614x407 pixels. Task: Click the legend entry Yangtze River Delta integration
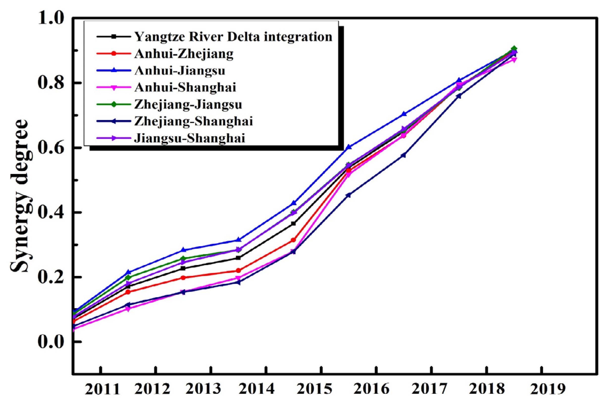(233, 37)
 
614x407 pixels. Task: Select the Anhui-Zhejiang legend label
(184, 54)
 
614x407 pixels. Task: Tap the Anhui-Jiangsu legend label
(179, 71)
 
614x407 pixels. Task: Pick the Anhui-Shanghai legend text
(185, 87)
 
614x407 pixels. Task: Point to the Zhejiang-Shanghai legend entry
(193, 121)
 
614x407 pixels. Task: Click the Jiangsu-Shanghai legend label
(189, 138)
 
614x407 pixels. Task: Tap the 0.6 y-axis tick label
(51, 148)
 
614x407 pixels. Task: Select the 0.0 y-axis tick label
(51, 342)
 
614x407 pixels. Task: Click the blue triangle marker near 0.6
(349, 147)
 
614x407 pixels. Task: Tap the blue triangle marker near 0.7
(404, 114)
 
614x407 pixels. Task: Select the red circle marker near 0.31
(293, 240)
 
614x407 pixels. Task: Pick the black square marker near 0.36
(293, 224)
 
